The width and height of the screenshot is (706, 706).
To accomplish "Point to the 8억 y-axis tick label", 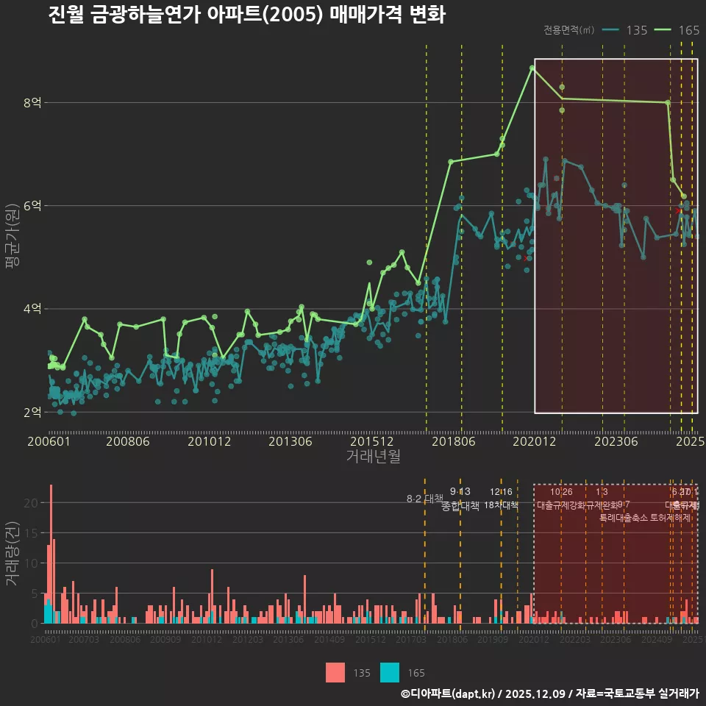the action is click(32, 103).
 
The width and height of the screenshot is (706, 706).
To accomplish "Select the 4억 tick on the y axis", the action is click(32, 309).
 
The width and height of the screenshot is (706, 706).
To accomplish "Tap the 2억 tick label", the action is click(32, 412).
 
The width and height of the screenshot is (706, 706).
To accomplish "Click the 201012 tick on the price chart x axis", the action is click(210, 442).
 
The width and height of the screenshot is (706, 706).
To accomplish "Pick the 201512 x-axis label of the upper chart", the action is click(372, 442).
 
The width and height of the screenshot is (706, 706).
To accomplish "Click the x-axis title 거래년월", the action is click(373, 457).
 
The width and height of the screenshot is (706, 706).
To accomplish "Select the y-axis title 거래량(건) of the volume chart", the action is click(12, 554).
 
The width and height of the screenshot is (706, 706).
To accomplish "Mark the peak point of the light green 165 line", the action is click(532, 68).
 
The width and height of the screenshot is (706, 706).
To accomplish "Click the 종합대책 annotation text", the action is click(460, 506).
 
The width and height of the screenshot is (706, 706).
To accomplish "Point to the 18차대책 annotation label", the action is click(502, 505).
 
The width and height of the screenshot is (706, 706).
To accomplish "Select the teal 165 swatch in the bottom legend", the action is click(390, 672).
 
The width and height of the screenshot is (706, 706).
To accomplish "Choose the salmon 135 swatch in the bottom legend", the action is click(335, 672).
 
